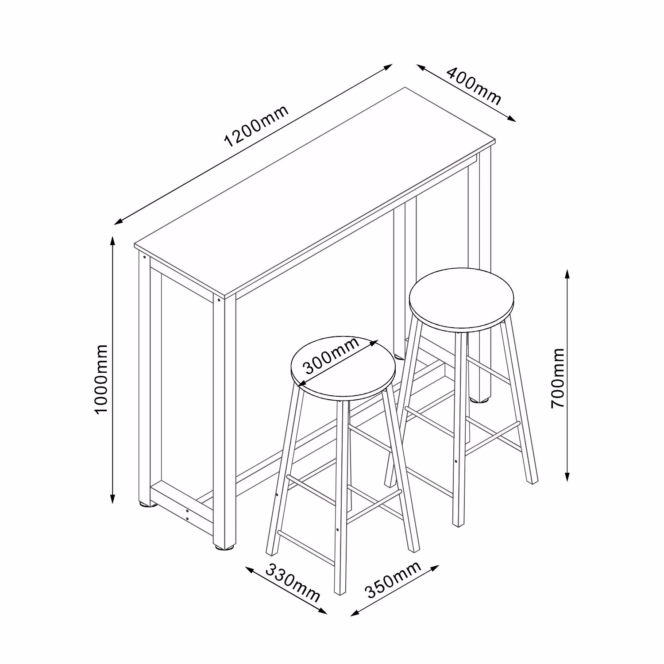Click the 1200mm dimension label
tap(257, 126)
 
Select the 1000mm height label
tap(101, 378)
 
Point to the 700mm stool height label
tap(559, 378)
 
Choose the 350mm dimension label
tap(392, 580)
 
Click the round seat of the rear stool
tap(461, 300)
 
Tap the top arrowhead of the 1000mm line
tap(113, 241)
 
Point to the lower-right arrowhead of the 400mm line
tap(511, 119)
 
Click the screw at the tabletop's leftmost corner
tap(144, 256)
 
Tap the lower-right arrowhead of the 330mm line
tap(322, 611)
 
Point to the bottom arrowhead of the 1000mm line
tap(113, 498)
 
